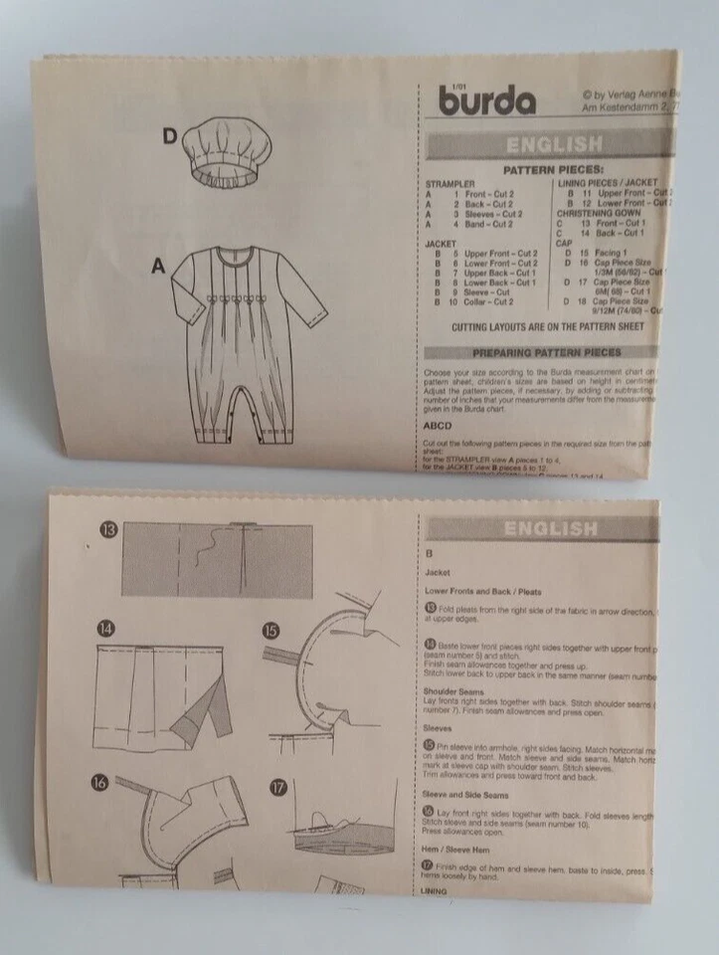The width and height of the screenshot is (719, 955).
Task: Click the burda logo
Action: [486, 100]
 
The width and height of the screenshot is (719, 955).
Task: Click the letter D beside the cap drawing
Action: [170, 137]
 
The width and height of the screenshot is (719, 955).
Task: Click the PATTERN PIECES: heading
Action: [553, 171]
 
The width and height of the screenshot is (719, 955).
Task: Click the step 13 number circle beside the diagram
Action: [107, 529]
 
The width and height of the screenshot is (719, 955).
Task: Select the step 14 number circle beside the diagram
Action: [105, 629]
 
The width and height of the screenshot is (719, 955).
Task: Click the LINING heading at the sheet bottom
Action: [438, 893]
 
